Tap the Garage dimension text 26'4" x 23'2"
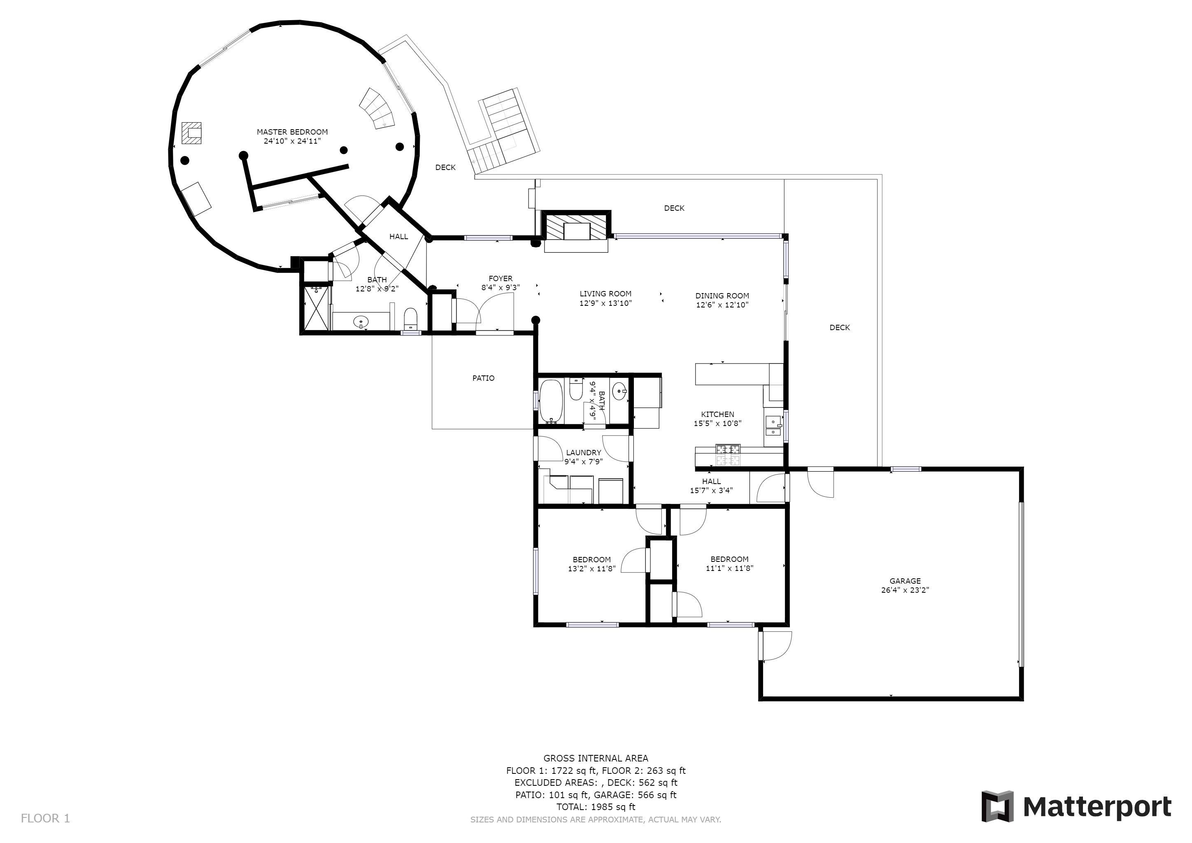(905, 590)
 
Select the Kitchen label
(717, 414)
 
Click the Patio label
(483, 378)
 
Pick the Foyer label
(501, 279)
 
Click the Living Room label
(605, 294)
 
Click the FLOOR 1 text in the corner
(45, 819)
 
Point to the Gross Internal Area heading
(596, 758)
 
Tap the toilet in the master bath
(410, 319)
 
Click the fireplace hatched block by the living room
(576, 227)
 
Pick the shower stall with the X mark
(316, 308)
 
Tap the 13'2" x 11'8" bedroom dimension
(592, 568)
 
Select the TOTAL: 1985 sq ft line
(596, 807)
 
